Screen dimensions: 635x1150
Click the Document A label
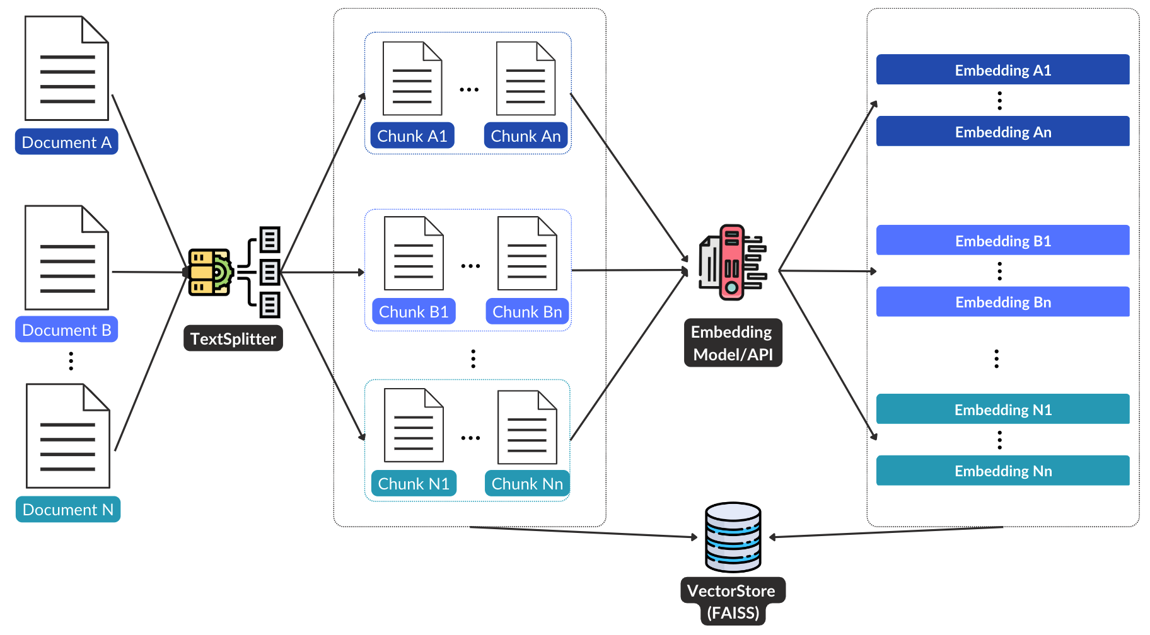pos(66,142)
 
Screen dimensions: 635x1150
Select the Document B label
pos(66,330)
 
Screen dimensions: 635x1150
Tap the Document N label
pos(67,510)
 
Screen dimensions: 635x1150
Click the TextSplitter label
pos(233,339)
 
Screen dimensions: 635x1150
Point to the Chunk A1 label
pos(412,136)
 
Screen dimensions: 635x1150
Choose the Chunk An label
pos(525,136)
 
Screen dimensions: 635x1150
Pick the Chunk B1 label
pos(413,312)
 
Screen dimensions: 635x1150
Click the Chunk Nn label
pos(526,484)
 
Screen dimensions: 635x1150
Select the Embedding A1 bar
pos(1002,70)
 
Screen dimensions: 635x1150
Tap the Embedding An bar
pos(1002,132)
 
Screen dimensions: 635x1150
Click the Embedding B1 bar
pos(1002,241)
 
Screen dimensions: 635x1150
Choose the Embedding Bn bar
pos(1002,302)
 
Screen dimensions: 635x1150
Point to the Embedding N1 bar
pos(1002,409)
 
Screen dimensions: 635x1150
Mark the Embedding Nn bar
pos(1002,471)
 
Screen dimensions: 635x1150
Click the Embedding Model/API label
pos(733,343)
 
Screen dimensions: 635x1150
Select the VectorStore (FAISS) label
pos(733,602)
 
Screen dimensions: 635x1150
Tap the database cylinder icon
pos(733,537)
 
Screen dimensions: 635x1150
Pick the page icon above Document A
pos(67,68)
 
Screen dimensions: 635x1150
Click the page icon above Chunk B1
pos(414,253)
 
